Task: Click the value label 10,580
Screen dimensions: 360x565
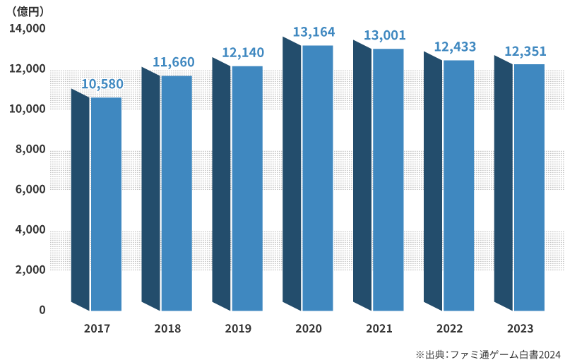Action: click(102, 85)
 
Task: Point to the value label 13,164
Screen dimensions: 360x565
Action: click(314, 32)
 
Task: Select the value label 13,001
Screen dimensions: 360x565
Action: click(384, 35)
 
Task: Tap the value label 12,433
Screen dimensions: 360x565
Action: click(455, 47)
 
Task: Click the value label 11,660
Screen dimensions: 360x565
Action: click(173, 63)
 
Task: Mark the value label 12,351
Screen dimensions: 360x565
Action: click(525, 51)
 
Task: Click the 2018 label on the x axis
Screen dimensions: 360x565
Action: click(167, 329)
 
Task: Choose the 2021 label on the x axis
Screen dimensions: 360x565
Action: click(379, 329)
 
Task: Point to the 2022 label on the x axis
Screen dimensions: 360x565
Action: click(450, 329)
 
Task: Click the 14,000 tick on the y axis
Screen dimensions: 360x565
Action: click(28, 29)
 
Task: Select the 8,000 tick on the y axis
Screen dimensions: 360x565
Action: click(30, 150)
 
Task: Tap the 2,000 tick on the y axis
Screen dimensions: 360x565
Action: click(30, 270)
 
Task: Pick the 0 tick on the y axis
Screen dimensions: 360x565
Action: click(42, 311)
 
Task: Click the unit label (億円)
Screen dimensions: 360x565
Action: click(29, 11)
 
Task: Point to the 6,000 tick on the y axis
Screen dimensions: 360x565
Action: click(30, 190)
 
